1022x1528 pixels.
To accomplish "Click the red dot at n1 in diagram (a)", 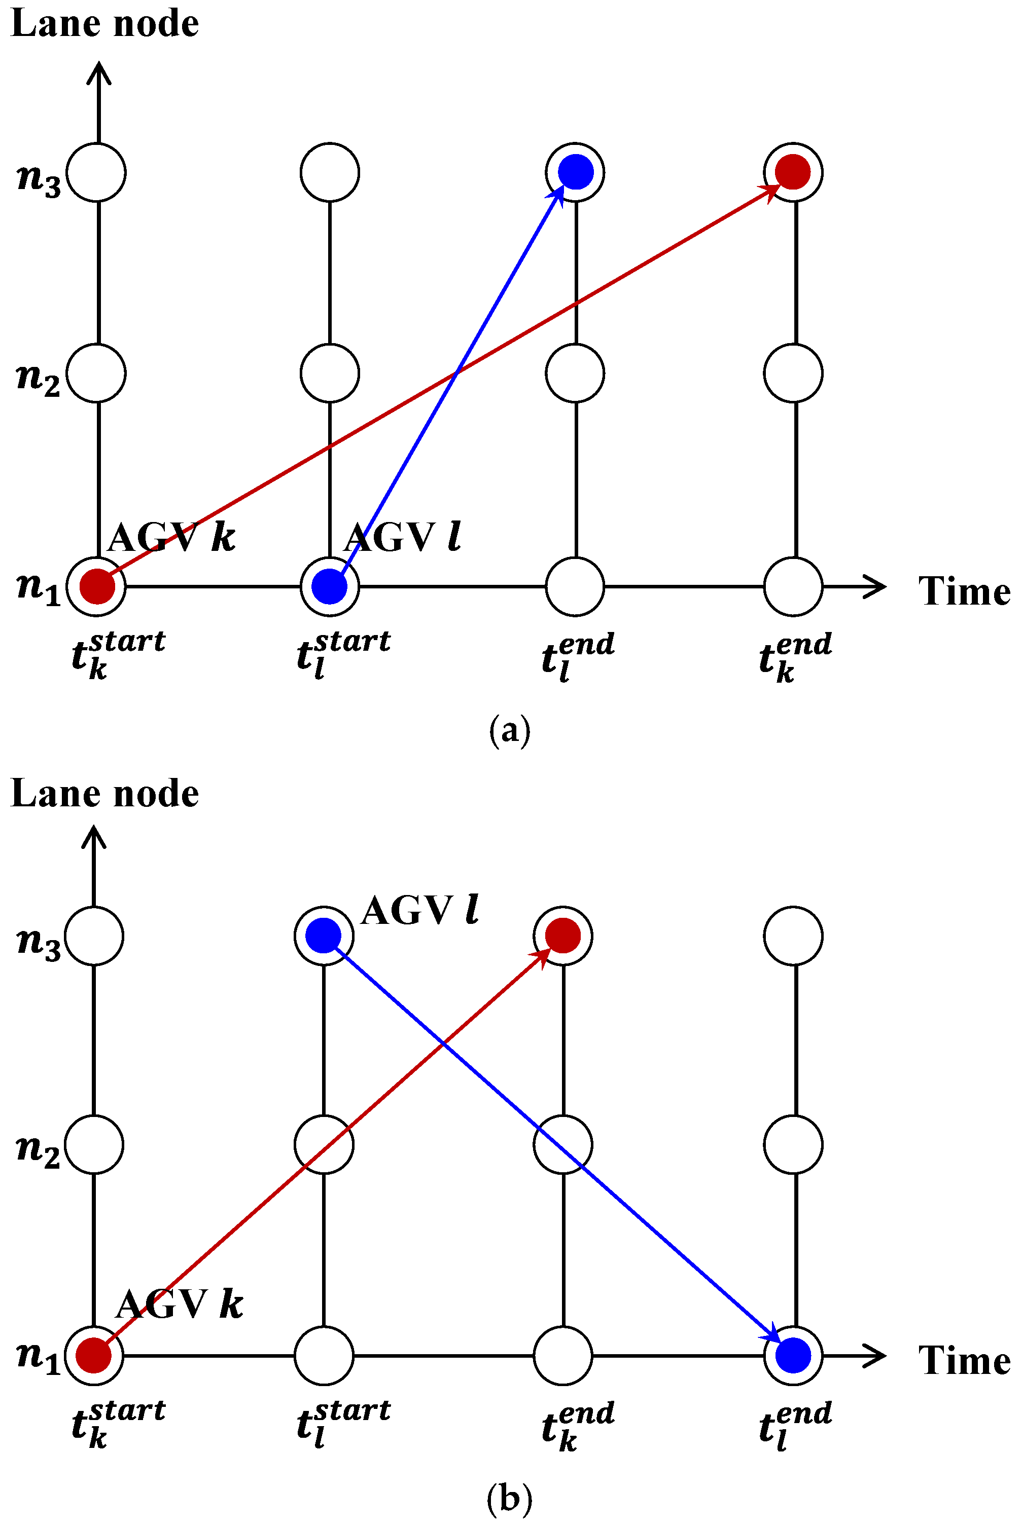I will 97,586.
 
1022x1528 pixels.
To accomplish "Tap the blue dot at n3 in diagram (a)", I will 576,172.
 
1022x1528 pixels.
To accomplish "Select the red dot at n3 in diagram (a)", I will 793,172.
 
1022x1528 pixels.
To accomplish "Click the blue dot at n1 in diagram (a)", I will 329,586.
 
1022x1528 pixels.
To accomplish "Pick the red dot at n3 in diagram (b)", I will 562,936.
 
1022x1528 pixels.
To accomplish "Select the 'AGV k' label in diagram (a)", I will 171,538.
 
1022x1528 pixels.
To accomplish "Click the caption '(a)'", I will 510,731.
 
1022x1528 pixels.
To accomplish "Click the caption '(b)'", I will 510,1499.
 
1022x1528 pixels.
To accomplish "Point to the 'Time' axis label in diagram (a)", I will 964,591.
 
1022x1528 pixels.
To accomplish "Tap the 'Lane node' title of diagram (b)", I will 105,793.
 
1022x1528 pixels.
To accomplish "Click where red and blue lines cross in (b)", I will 443,1044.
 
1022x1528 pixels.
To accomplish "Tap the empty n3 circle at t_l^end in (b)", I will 793,936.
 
